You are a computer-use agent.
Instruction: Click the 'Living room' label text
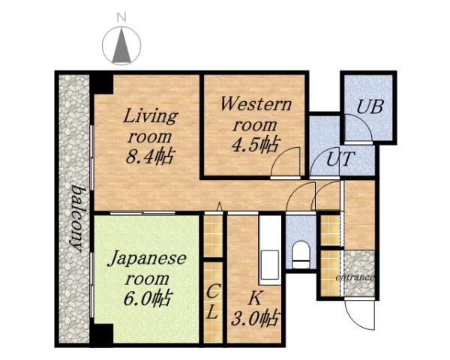[x=150, y=127]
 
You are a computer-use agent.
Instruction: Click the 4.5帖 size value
[x=254, y=145]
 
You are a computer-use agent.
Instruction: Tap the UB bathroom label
[x=369, y=106]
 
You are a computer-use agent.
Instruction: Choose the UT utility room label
[x=341, y=159]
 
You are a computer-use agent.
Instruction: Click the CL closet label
[x=213, y=301]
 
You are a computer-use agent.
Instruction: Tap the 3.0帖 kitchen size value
[x=256, y=317]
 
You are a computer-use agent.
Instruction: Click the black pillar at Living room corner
[x=101, y=82]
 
